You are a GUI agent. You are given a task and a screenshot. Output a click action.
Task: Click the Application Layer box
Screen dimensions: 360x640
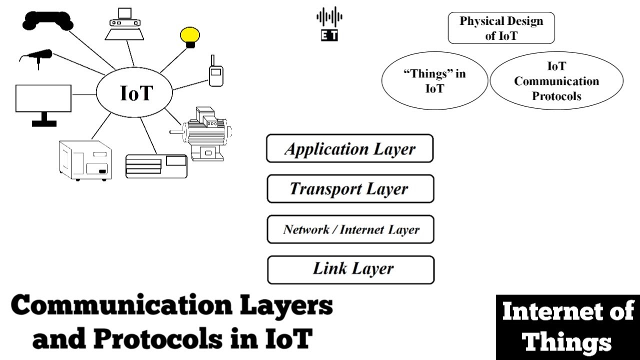349,148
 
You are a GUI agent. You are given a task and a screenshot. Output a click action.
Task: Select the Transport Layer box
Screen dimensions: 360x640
350,188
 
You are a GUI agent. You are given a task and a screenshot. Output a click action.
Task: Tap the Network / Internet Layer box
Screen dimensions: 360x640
350,229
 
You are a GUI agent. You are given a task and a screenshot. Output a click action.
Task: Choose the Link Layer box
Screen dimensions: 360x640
350,269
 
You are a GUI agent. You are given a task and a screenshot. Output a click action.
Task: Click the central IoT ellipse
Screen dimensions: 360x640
134,93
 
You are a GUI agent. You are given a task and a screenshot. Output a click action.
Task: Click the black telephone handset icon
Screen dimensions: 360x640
48,20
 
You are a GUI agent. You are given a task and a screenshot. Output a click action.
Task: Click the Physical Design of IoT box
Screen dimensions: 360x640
501,28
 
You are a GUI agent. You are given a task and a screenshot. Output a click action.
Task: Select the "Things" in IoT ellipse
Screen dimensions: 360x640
434,81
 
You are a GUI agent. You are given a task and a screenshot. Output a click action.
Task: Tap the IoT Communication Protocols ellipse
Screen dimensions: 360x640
556,81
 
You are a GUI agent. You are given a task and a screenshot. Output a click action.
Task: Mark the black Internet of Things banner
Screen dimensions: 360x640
567,327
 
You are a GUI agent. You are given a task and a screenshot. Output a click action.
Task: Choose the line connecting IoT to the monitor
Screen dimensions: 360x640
84,94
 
